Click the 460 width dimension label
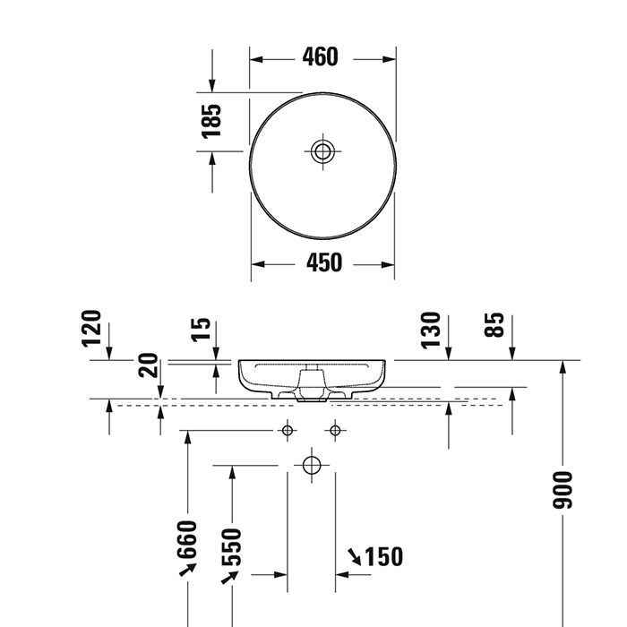pyautogui.click(x=319, y=57)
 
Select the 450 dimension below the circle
pyautogui.click(x=323, y=263)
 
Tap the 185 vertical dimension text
pyautogui.click(x=211, y=121)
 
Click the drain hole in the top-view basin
pyautogui.click(x=323, y=150)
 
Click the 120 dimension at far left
pyautogui.click(x=93, y=328)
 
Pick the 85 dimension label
pyautogui.click(x=494, y=324)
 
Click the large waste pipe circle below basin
pyautogui.click(x=311, y=465)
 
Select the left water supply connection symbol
pyautogui.click(x=288, y=431)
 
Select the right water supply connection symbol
pyautogui.click(x=335, y=431)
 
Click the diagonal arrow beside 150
pyautogui.click(x=355, y=557)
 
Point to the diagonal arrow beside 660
pyautogui.click(x=189, y=571)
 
